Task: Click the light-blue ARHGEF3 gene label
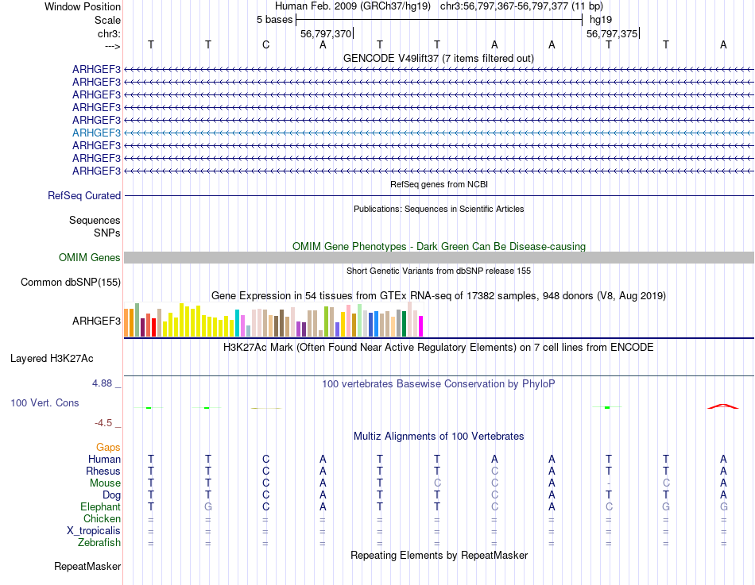click(x=96, y=133)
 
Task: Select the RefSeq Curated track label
click(x=84, y=195)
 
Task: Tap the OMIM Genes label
click(x=90, y=257)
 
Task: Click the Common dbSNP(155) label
click(x=71, y=282)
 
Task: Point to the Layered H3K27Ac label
click(x=65, y=358)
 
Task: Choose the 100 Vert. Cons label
click(x=45, y=403)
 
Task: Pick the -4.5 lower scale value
click(x=106, y=423)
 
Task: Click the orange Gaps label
click(x=108, y=448)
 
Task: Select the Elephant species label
click(x=100, y=507)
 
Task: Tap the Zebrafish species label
click(x=99, y=543)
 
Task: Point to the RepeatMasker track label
click(x=87, y=567)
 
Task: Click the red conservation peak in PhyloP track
click(x=722, y=406)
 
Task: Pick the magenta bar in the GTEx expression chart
click(x=420, y=325)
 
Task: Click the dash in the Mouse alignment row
click(x=609, y=483)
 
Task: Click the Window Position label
click(x=83, y=6)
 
